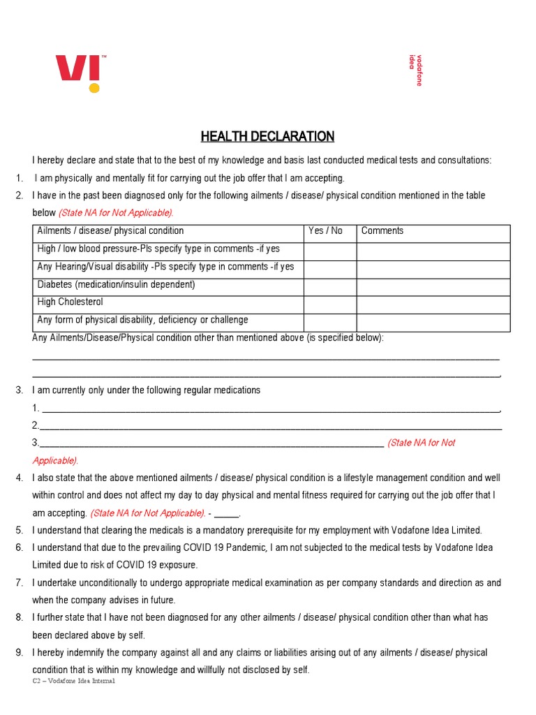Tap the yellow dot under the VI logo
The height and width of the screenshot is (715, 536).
click(94, 88)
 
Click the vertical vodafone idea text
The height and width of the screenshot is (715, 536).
click(415, 70)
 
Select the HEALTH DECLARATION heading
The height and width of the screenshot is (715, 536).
click(267, 136)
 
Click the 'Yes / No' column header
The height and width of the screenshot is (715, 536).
click(325, 231)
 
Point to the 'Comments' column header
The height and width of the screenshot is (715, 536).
click(382, 231)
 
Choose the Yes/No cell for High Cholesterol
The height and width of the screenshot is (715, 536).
click(330, 304)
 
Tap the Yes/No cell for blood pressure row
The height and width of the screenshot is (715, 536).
click(330, 251)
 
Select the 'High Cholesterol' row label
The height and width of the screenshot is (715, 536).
click(70, 302)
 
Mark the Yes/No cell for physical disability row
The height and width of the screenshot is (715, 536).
click(330, 322)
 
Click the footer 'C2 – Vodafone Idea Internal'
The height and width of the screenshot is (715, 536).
click(73, 681)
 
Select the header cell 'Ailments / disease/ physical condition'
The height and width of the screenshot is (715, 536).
click(110, 231)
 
